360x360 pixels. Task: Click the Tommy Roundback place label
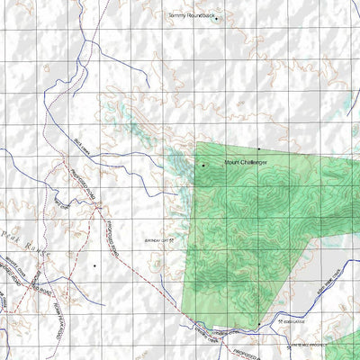pos(192,15)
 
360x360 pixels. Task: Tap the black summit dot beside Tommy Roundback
pos(216,18)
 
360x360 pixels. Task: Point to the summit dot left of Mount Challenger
pos(203,165)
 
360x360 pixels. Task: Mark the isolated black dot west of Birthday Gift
pos(94,265)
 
